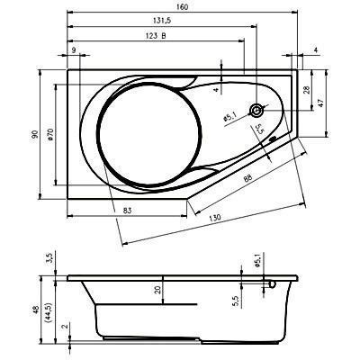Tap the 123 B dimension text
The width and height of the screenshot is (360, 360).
coord(156,36)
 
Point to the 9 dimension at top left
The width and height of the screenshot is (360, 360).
coord(74,49)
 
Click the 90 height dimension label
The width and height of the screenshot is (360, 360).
coord(36,134)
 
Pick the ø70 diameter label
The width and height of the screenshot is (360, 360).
coord(49,134)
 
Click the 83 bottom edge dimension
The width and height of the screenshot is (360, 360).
coord(128,211)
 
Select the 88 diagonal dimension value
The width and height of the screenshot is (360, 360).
coord(247,178)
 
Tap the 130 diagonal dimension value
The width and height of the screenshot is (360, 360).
coord(215,217)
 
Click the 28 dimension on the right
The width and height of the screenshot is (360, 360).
coord(306,90)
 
